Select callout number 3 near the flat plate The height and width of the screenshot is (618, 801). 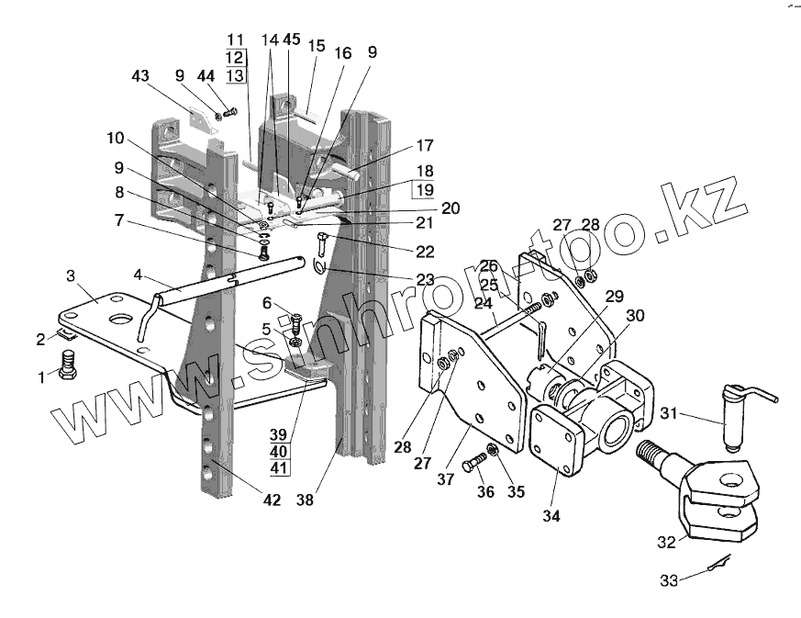tap(71, 275)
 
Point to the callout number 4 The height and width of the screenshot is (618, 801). tap(138, 274)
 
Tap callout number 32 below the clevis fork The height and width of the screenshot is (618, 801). tap(668, 542)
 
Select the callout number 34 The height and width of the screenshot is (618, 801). tap(551, 515)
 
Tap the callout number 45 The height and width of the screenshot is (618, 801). tap(292, 40)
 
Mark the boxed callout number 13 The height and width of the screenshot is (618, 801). tap(236, 75)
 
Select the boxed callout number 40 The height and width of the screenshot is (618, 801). tap(279, 452)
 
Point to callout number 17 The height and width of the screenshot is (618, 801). tap(424, 146)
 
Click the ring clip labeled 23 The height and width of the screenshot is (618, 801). tap(317, 266)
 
